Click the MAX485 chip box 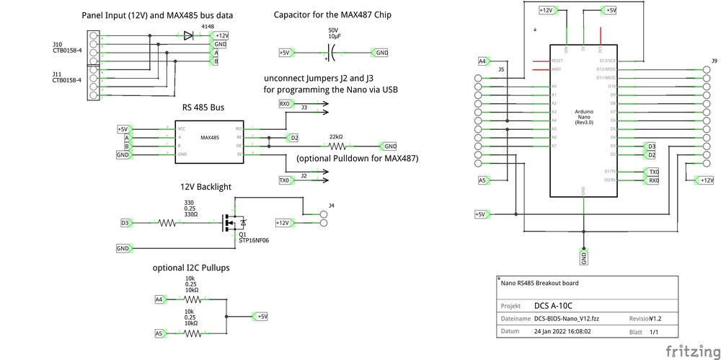click(x=209, y=141)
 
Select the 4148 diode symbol click(x=189, y=35)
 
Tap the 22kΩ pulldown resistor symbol click(x=335, y=146)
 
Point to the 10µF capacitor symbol click(x=333, y=53)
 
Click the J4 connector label click(x=331, y=206)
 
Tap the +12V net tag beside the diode click(x=221, y=35)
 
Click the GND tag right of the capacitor click(x=380, y=53)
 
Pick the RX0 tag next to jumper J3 click(x=284, y=104)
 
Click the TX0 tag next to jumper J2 click(x=284, y=180)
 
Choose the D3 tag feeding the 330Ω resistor click(x=125, y=223)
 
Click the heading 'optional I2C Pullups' click(x=191, y=268)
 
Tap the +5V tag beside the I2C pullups click(x=260, y=316)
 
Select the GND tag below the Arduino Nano click(x=583, y=255)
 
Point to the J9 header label click(x=714, y=61)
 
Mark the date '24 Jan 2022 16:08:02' click(x=562, y=332)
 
